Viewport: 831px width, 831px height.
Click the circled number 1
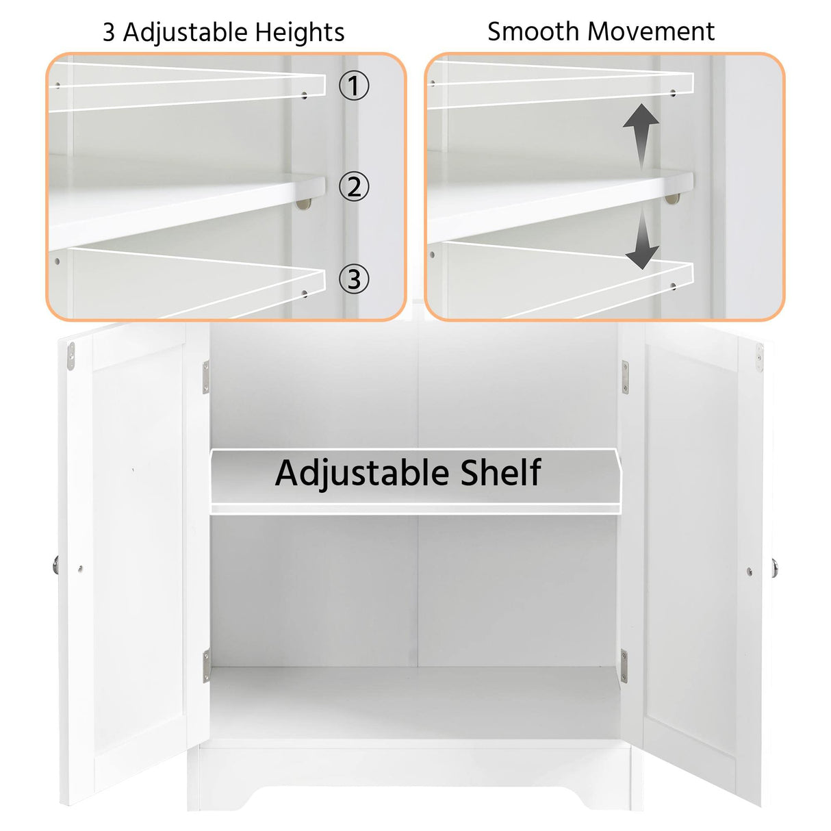point(354,86)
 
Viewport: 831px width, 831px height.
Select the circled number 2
point(354,186)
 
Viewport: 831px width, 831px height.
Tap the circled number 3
point(354,279)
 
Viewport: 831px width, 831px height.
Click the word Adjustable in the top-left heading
point(185,33)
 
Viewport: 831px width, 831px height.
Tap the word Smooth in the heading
point(534,31)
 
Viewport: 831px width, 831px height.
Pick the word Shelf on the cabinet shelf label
point(500,473)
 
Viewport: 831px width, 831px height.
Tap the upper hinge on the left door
point(205,378)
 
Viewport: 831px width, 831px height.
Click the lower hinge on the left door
point(206,666)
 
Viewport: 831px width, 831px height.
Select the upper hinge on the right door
point(624,377)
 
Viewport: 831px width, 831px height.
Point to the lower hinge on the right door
point(624,666)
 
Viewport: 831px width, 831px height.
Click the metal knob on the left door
point(55,565)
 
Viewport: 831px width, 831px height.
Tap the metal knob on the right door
point(775,567)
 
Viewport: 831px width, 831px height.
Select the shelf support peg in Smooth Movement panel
point(673,199)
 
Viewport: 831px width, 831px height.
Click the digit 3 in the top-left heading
point(109,33)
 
